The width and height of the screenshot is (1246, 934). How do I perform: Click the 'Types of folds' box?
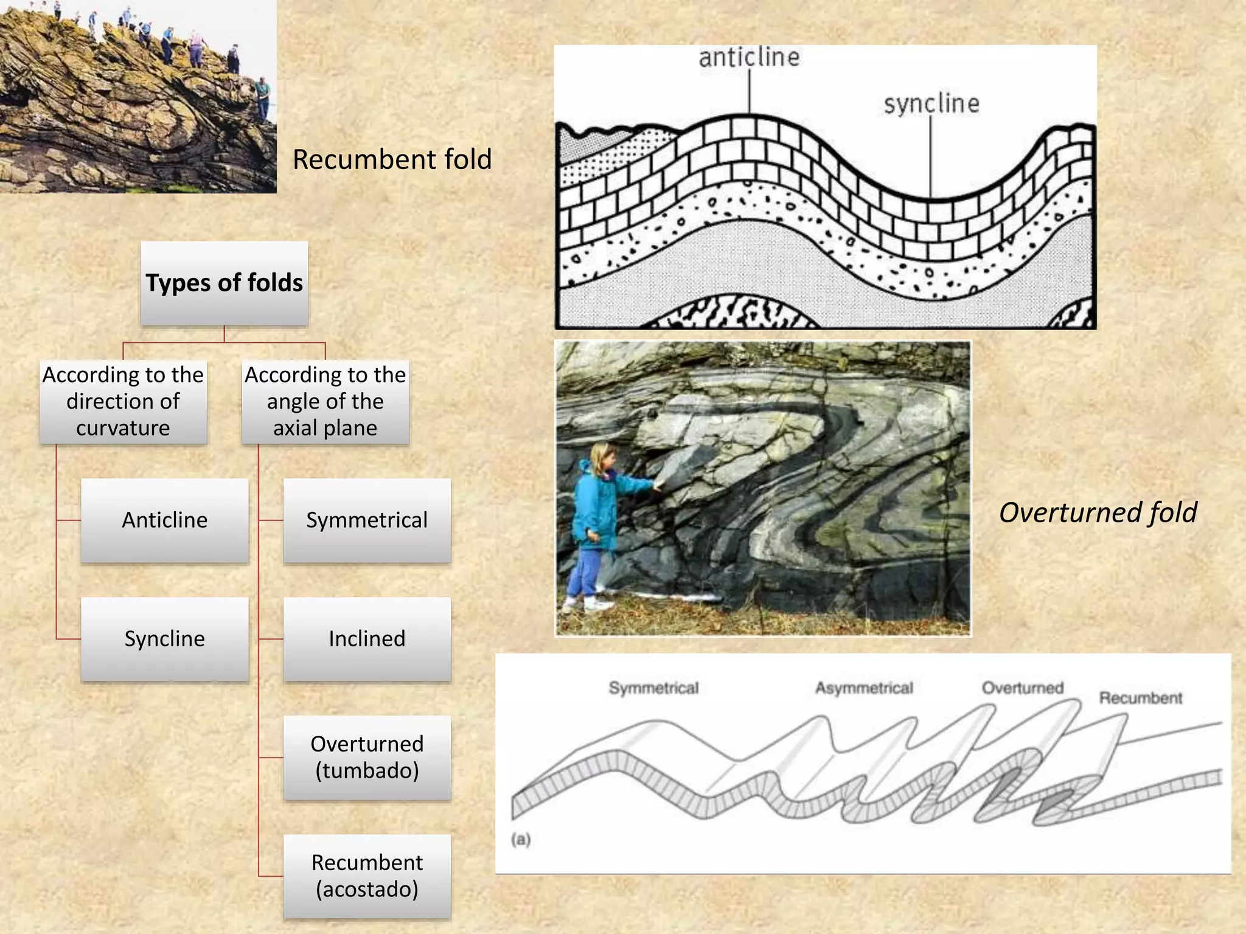(224, 283)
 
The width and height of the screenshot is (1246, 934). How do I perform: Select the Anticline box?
(165, 521)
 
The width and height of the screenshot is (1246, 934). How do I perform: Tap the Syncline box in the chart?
(165, 639)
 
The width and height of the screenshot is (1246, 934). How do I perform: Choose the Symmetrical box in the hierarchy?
(367, 521)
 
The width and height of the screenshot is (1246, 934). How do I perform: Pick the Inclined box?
(367, 639)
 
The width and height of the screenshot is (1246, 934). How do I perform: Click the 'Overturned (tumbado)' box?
(367, 758)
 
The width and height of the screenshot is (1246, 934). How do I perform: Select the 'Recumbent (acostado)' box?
(367, 876)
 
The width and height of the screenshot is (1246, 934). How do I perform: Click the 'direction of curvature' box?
(124, 402)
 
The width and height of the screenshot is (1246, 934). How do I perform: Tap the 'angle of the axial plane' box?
(325, 402)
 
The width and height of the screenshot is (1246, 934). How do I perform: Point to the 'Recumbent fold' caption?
(392, 160)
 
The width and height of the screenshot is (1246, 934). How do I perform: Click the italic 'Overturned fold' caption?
(1098, 513)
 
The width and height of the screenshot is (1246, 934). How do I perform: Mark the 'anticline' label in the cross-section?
(749, 58)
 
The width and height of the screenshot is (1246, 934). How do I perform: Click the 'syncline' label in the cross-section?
(931, 104)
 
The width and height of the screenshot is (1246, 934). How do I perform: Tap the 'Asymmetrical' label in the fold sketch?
(864, 688)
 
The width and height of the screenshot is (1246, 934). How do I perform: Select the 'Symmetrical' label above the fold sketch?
(654, 688)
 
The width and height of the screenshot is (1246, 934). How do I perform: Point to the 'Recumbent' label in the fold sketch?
(1141, 698)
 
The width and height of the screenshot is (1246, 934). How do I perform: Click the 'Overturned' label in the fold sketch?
(1023, 688)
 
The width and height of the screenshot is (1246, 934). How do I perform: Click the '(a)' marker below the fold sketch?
(521, 840)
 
